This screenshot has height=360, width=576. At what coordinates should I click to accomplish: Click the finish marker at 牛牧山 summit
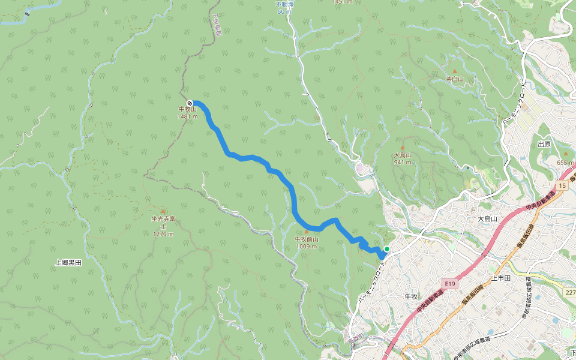point(190,103)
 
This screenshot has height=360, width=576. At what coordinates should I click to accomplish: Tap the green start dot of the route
point(387,249)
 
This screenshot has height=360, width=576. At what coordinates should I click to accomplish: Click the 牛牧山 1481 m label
point(187,113)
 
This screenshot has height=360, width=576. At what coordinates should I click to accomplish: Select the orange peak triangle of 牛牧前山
point(307,231)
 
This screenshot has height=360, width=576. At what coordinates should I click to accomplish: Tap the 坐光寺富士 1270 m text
point(163,226)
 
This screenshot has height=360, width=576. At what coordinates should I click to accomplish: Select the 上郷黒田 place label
point(68,263)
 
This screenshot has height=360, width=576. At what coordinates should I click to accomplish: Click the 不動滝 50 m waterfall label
point(284,8)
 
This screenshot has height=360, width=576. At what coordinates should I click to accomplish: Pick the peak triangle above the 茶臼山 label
point(454,71)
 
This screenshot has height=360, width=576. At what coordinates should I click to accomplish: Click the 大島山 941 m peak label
point(403,158)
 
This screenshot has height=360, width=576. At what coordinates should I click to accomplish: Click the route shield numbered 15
point(561,187)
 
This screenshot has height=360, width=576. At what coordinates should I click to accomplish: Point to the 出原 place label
point(544,144)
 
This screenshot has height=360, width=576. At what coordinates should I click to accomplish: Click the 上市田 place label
point(500,278)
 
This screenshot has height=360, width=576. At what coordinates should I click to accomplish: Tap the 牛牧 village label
point(411,296)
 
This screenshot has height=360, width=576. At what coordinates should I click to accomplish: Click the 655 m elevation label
point(566,163)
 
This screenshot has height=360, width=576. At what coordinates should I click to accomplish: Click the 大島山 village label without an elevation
point(488,219)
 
